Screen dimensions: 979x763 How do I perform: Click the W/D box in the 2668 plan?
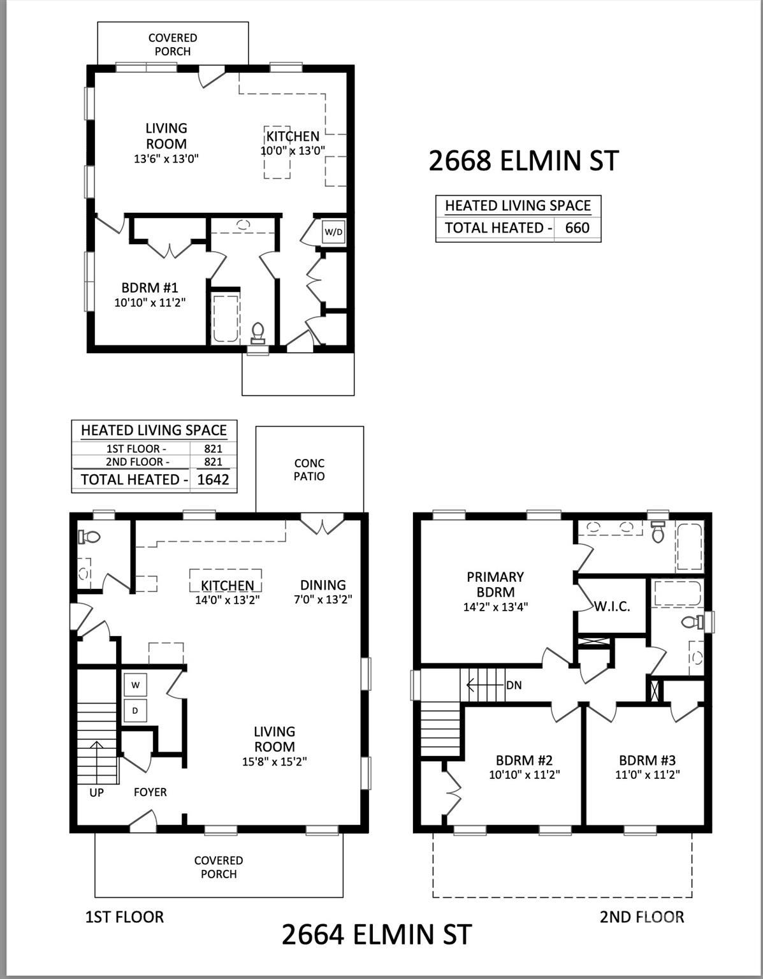pyautogui.click(x=333, y=232)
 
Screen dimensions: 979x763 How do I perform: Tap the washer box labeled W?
pyautogui.click(x=135, y=685)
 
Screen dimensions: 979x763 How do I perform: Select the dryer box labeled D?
pyautogui.click(x=135, y=710)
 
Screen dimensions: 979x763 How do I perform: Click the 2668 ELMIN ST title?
pyautogui.click(x=523, y=161)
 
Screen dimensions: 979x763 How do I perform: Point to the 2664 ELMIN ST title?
pyautogui.click(x=376, y=934)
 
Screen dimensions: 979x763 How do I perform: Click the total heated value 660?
pyautogui.click(x=577, y=228)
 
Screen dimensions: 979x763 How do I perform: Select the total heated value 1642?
pyautogui.click(x=213, y=479)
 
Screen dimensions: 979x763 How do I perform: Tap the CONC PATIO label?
pyautogui.click(x=309, y=470)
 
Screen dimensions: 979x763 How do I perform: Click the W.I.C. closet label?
pyautogui.click(x=612, y=607)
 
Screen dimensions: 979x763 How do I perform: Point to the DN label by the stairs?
pyautogui.click(x=514, y=685)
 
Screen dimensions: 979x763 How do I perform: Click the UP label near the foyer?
pyautogui.click(x=96, y=792)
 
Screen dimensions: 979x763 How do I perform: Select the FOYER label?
pyautogui.click(x=150, y=792)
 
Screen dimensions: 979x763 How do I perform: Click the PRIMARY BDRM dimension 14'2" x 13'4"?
pyautogui.click(x=495, y=607)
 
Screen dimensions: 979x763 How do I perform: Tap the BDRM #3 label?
pyautogui.click(x=647, y=760)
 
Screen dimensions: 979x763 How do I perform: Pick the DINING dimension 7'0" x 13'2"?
pyautogui.click(x=323, y=599)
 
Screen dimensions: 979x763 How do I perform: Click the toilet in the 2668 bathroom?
pyautogui.click(x=258, y=333)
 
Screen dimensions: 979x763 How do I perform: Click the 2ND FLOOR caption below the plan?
pyautogui.click(x=641, y=917)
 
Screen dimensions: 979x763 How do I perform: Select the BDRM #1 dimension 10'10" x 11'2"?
pyautogui.click(x=150, y=303)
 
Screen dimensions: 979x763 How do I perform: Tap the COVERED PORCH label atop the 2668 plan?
pyautogui.click(x=173, y=45)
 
